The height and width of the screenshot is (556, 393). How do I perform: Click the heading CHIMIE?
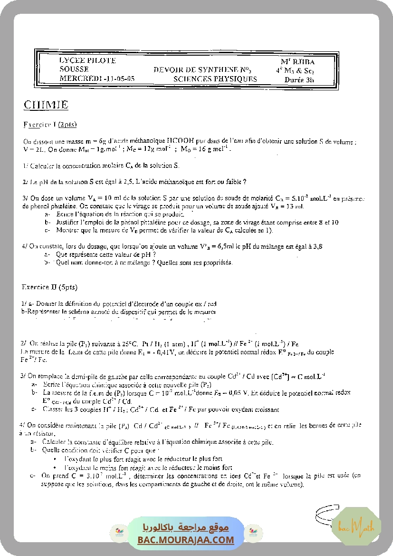click(46, 105)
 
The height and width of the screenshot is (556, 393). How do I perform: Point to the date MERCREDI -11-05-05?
click(97, 78)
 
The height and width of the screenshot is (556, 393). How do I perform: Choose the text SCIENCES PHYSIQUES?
click(215, 79)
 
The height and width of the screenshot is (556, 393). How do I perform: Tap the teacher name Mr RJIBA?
click(297, 62)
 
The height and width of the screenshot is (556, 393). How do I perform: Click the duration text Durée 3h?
click(299, 80)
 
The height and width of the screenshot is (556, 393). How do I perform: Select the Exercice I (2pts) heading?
click(50, 125)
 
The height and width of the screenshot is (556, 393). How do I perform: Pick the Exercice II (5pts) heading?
click(49, 287)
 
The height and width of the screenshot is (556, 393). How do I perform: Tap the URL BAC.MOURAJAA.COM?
click(186, 540)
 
